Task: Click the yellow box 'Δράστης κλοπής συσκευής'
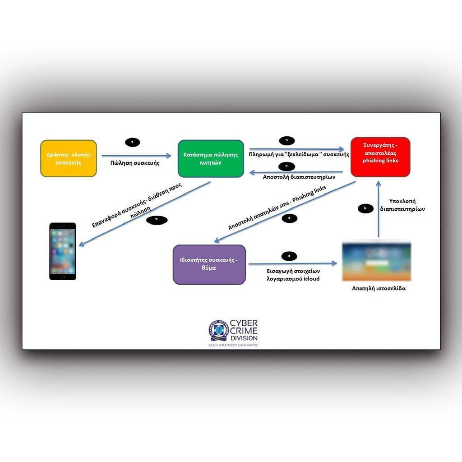coord(69,158)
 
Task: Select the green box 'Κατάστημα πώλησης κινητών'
coord(211,158)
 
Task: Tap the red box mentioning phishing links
coord(380,157)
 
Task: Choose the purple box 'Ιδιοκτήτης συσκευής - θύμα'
coord(209,264)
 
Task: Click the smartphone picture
coord(63,251)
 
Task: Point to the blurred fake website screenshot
coord(376,262)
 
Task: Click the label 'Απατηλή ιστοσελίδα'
coord(379,288)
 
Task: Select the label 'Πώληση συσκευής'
coord(135,163)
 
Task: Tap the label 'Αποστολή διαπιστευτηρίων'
coord(299,177)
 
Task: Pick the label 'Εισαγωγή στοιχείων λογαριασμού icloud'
coord(293,275)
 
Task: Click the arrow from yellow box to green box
coord(136,156)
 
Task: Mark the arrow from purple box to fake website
coord(292,264)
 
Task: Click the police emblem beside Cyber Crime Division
coord(218,331)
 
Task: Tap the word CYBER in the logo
coord(244,323)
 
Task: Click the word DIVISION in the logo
coord(244,338)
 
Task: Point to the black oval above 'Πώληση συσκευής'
coord(132,142)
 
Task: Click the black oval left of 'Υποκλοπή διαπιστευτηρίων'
coord(365,208)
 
